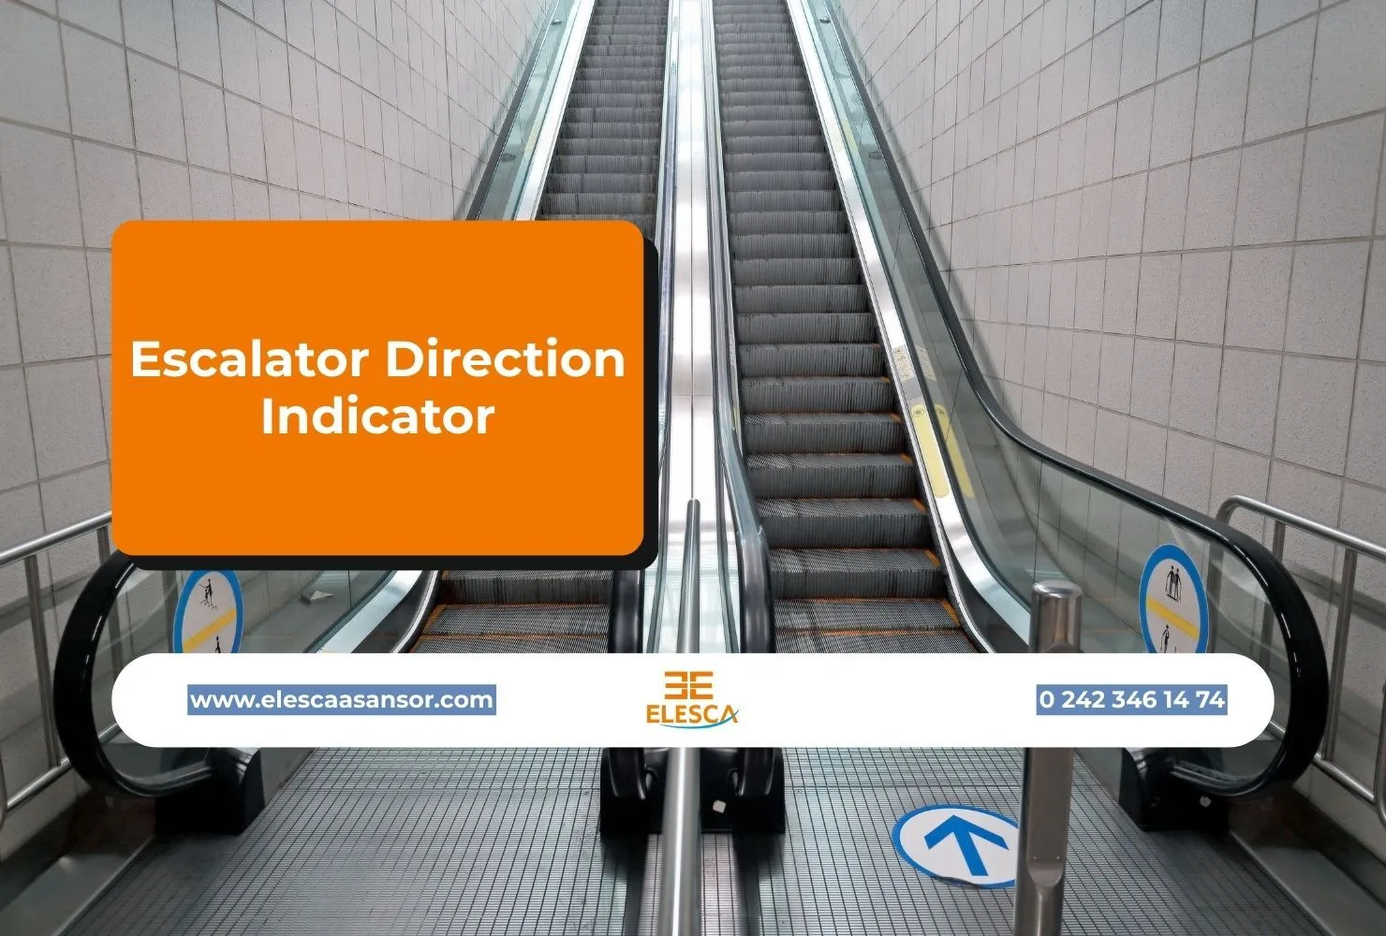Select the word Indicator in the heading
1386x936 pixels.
(377, 416)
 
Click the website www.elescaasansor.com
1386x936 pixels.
(342, 700)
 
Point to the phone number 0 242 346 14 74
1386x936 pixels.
(1131, 700)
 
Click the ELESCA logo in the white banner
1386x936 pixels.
(691, 700)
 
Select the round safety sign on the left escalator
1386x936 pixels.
(208, 610)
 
